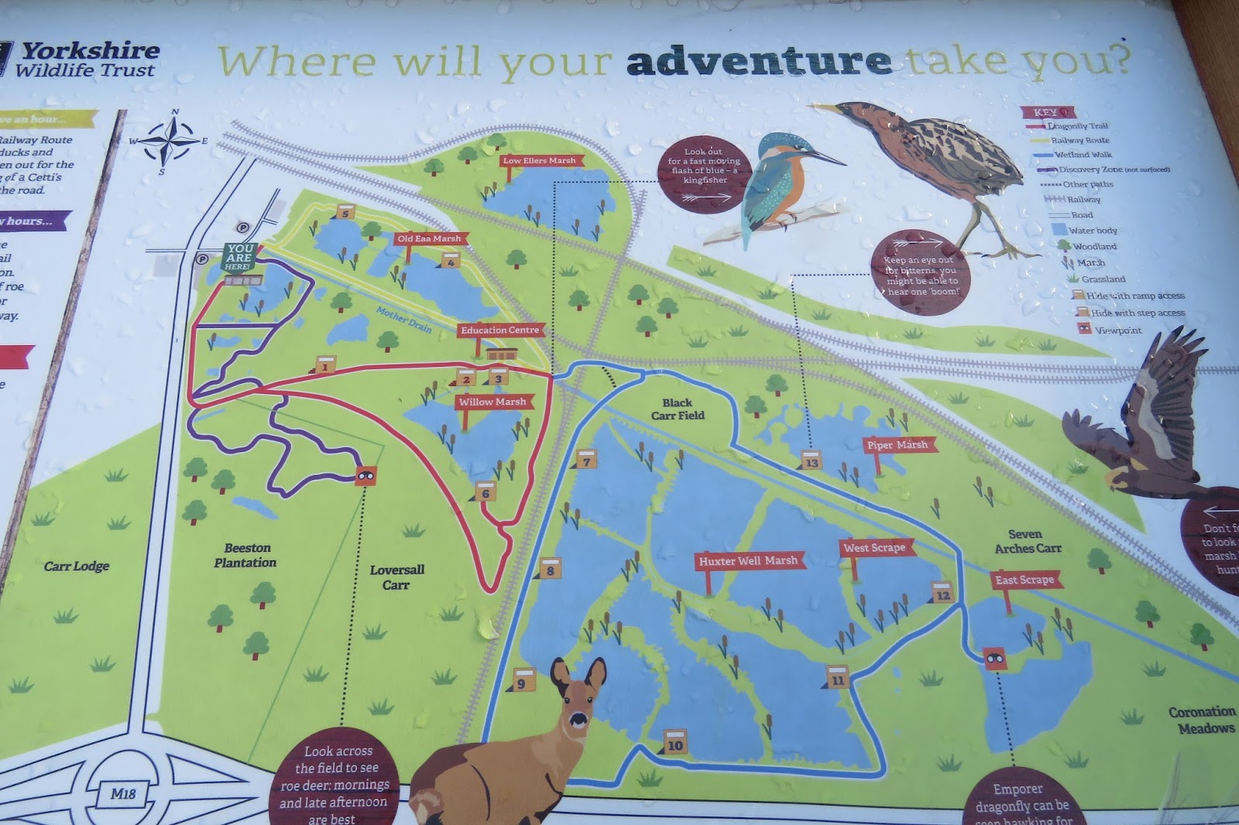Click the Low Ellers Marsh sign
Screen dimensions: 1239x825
539,161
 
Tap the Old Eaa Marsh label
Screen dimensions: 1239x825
428,238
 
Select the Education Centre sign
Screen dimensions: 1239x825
499,330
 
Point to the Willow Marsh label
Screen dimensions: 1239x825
492,402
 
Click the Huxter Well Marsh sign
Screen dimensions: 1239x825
747,561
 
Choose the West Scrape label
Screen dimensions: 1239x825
874,548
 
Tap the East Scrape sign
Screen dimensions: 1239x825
1024,580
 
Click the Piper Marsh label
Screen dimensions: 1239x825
897,445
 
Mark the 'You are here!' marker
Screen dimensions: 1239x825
239,257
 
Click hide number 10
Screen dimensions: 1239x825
675,743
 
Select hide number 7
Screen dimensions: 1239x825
586,460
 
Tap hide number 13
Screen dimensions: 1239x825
811,460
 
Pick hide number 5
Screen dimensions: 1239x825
345,212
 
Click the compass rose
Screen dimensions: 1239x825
172,142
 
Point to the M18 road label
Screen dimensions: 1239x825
122,793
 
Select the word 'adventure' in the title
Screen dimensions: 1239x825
758,61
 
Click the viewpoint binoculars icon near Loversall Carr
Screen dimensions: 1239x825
366,474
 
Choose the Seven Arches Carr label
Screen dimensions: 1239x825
1027,541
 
